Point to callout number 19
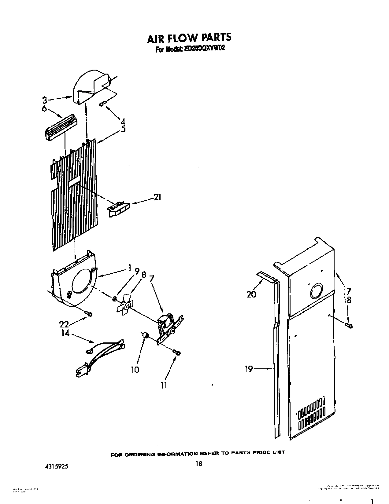click(x=249, y=369)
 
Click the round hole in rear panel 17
click(x=316, y=290)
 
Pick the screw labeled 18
click(x=349, y=326)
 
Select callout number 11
click(x=164, y=385)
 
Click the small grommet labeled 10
click(x=145, y=336)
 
